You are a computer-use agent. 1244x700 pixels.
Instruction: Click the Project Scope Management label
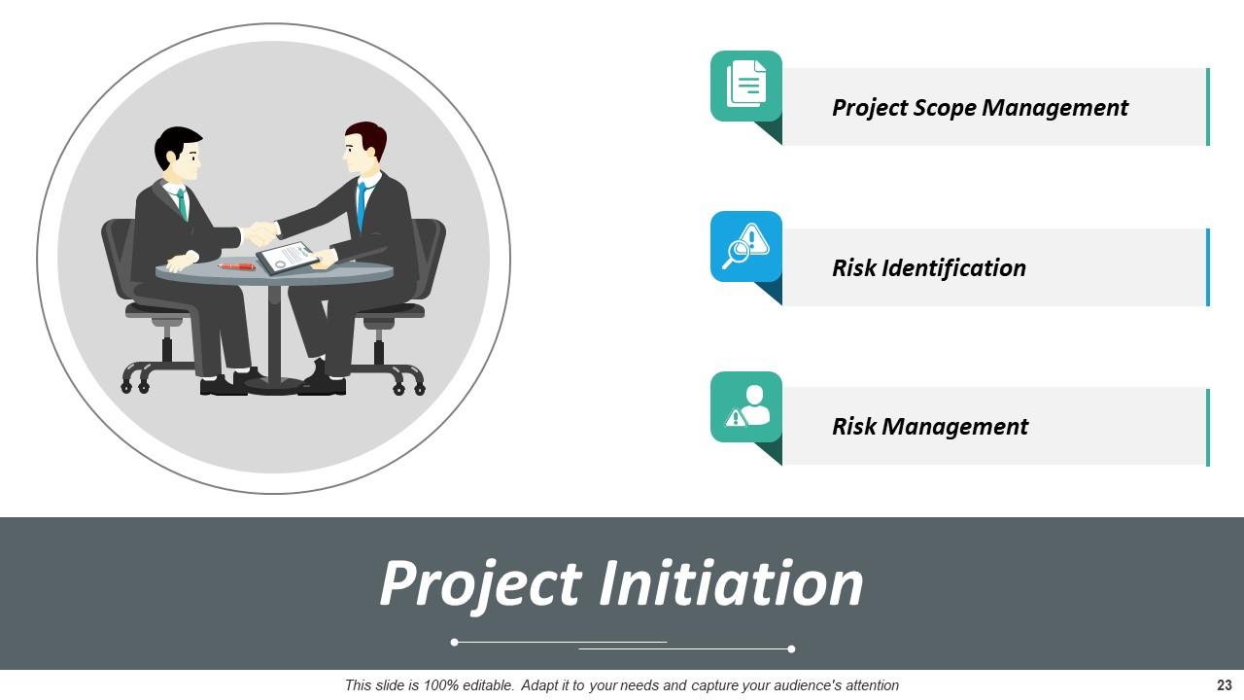point(980,107)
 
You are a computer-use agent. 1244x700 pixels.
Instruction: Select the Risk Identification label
point(928,267)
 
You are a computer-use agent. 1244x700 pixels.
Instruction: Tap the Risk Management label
point(929,426)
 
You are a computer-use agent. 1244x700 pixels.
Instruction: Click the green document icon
point(746,86)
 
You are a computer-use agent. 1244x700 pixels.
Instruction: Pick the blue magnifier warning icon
point(746,246)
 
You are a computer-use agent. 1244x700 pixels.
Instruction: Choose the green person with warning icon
point(746,406)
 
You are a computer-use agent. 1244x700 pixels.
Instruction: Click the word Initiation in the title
point(730,583)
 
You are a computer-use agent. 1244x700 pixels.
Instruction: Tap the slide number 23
point(1224,685)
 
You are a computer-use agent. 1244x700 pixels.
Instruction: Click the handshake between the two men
point(259,233)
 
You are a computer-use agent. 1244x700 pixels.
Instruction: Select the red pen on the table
point(236,265)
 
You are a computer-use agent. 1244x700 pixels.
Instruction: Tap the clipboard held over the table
point(288,258)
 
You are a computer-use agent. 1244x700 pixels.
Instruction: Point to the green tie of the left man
point(182,204)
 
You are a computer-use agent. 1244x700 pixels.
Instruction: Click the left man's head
point(178,154)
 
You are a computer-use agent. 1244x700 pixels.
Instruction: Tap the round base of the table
point(273,385)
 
